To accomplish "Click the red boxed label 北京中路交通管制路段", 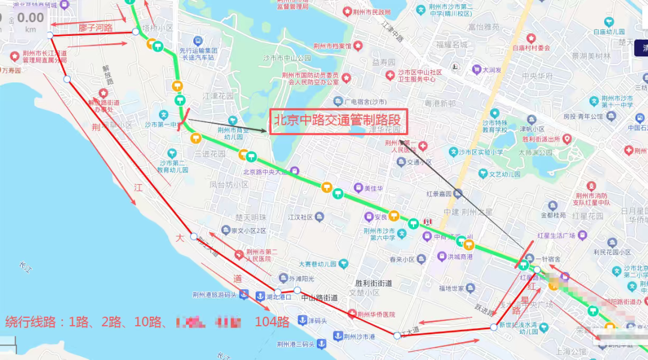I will pyautogui.click(x=338, y=121).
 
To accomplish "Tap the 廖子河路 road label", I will pyautogui.click(x=95, y=28).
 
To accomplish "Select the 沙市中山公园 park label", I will pyautogui.click(x=288, y=58).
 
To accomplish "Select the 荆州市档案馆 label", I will pyautogui.click(x=332, y=46).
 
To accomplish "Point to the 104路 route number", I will pyautogui.click(x=272, y=322).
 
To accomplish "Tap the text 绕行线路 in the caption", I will pyautogui.click(x=33, y=322).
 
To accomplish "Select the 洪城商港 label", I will pyautogui.click(x=460, y=257).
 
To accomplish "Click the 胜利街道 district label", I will pyautogui.click(x=373, y=283).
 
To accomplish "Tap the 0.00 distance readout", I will pyautogui.click(x=30, y=18).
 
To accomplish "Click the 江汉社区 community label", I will pyautogui.click(x=301, y=217).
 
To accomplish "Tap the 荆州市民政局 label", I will pyautogui.click(x=370, y=11).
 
